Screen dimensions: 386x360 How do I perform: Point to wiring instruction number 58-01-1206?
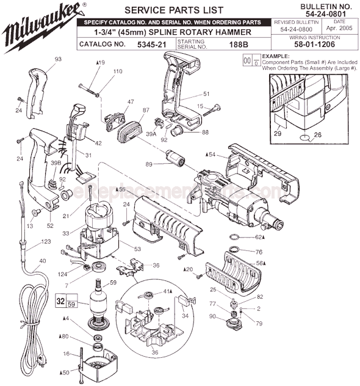323,45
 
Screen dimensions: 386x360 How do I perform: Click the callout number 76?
259,252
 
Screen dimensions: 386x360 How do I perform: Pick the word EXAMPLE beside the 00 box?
276,56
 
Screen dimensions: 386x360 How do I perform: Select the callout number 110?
118,71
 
